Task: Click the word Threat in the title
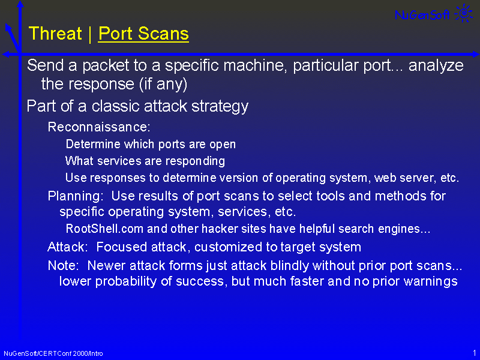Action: (x=55, y=33)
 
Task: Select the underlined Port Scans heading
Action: (x=143, y=34)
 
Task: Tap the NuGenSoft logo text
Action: (x=422, y=14)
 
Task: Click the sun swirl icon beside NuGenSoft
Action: (x=464, y=13)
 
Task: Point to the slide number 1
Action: (x=475, y=353)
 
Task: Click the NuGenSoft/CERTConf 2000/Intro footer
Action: (x=53, y=353)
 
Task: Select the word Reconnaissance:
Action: (x=99, y=127)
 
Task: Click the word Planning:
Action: (x=76, y=196)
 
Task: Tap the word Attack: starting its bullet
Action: (x=68, y=247)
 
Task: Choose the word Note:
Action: (x=64, y=265)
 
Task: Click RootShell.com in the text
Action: (x=104, y=229)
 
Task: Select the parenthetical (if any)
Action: (x=163, y=84)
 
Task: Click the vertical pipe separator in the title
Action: (x=90, y=34)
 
